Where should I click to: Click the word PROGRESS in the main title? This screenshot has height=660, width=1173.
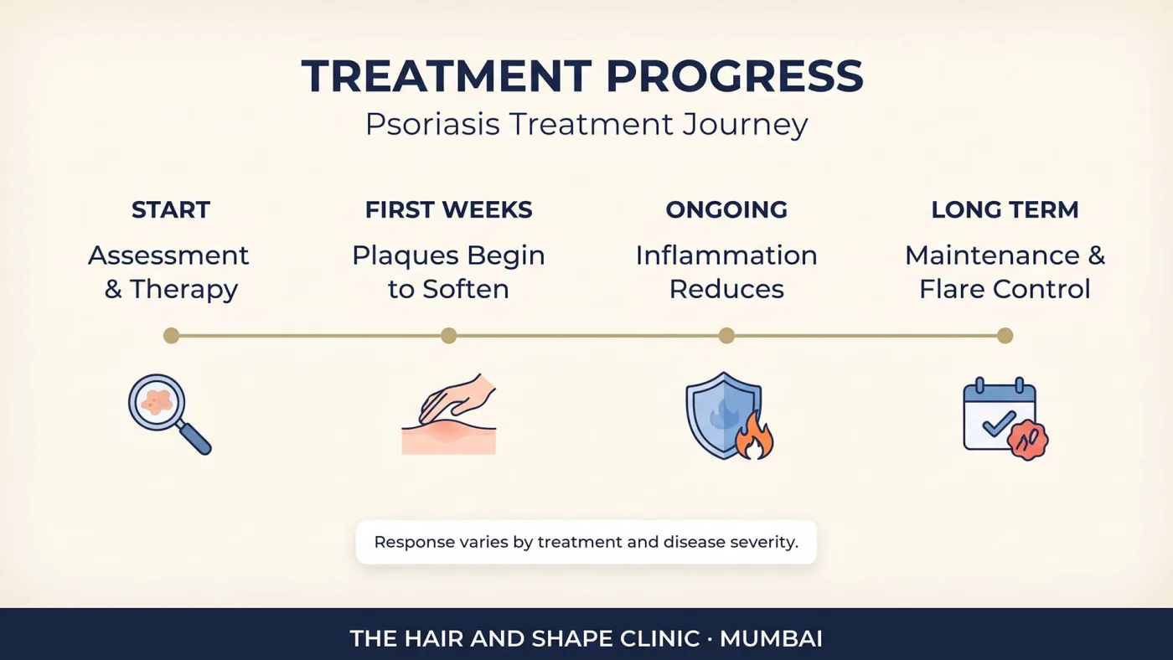click(734, 76)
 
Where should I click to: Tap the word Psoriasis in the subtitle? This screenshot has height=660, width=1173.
click(432, 126)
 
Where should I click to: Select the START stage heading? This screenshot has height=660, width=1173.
click(171, 210)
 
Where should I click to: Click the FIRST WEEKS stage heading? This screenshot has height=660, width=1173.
click(449, 210)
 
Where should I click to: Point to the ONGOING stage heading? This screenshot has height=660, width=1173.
click(726, 210)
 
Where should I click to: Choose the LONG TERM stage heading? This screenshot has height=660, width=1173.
click(1005, 210)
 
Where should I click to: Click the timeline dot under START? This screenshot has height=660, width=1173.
click(171, 336)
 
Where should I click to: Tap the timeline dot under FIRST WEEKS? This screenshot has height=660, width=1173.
click(449, 336)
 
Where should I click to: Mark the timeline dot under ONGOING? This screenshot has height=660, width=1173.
click(726, 336)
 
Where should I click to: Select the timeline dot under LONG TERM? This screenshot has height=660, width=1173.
click(1005, 336)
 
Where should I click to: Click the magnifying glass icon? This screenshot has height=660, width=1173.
click(169, 414)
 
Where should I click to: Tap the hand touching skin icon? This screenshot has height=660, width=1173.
click(449, 414)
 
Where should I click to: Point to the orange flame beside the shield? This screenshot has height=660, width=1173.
click(754, 436)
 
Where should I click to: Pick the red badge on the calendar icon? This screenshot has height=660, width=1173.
click(1027, 441)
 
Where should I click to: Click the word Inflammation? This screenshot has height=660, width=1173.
click(726, 256)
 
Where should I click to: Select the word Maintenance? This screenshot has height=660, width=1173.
click(992, 256)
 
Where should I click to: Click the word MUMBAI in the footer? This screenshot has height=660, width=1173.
click(771, 639)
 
